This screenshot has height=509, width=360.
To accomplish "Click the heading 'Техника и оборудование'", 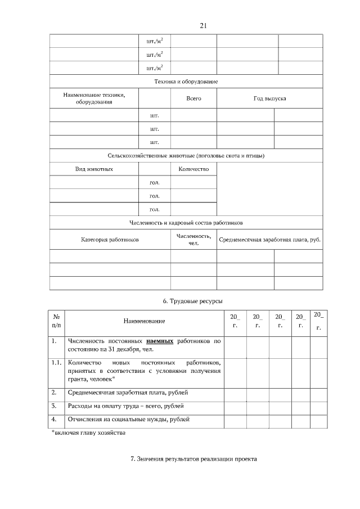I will point(186,82).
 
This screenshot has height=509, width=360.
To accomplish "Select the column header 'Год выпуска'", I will point(270,98).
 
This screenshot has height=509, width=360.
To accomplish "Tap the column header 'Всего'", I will point(193,98).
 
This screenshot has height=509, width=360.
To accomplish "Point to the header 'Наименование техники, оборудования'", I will point(94,98).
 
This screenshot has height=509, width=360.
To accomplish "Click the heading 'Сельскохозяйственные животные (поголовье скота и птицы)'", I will point(186,155).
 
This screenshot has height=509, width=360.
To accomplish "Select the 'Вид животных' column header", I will point(94,169).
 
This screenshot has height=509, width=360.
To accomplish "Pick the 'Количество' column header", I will point(193,169).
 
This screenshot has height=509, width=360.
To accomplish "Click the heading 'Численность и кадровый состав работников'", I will point(186,223).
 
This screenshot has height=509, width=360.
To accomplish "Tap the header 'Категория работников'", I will point(110,240).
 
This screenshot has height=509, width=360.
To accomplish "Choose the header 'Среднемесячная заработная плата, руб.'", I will point(270,240).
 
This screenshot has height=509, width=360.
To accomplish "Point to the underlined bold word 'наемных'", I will point(160,341).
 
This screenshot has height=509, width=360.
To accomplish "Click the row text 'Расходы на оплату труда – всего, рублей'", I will point(125,406).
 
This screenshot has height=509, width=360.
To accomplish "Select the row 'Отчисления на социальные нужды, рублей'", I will point(128,419).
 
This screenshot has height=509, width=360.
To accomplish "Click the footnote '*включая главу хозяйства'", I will point(85,433).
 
